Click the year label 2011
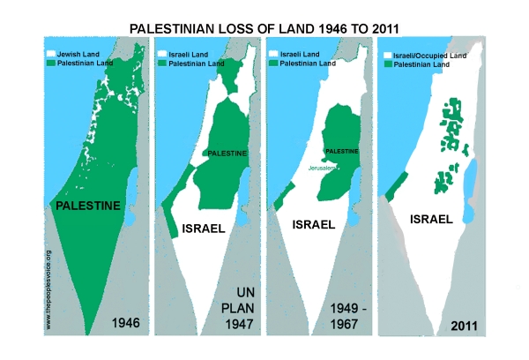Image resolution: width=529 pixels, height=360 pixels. tap(464, 324)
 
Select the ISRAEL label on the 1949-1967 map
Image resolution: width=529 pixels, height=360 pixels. tap(313, 224)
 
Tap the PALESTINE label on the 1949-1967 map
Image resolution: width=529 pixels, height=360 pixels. tap(340, 150)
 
